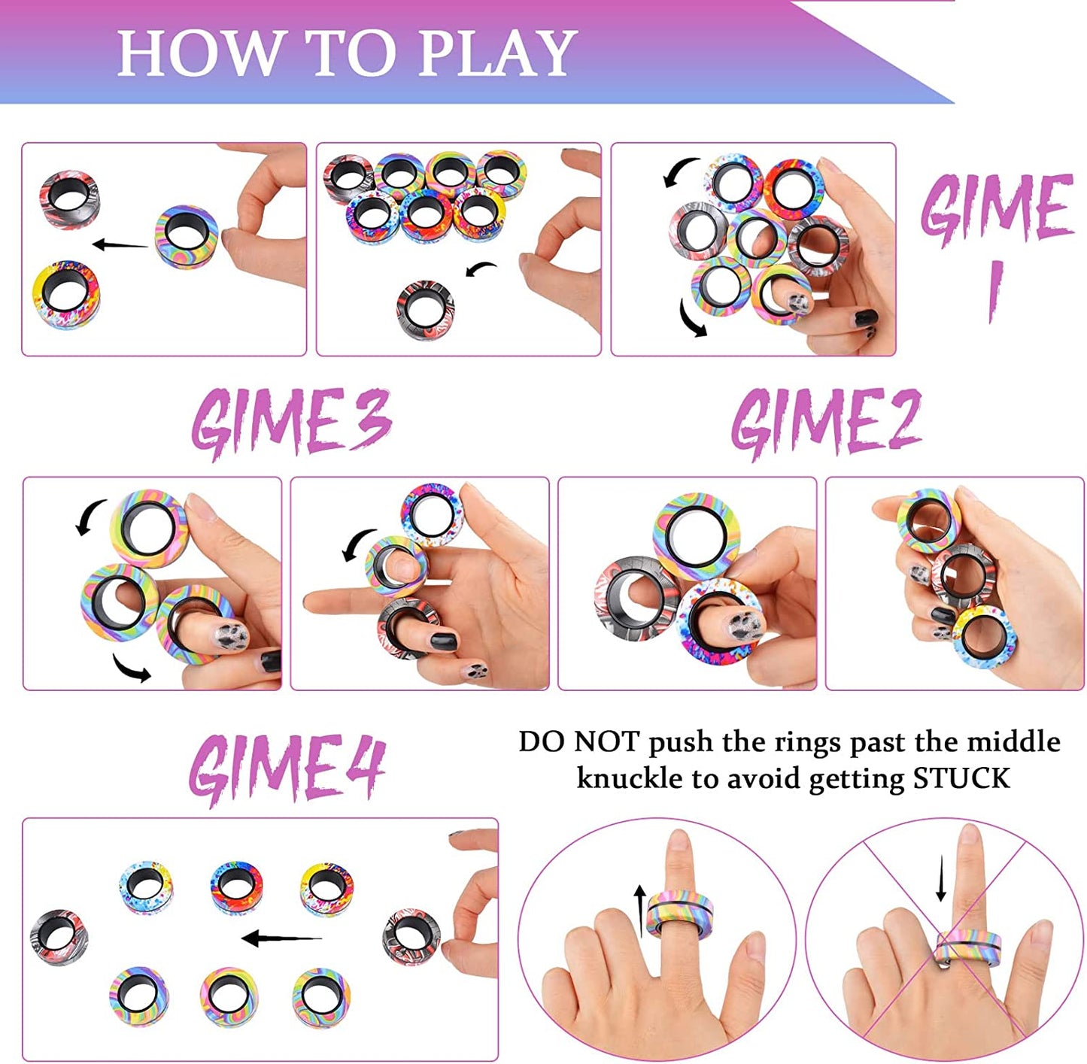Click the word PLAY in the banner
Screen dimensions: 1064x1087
click(x=497, y=53)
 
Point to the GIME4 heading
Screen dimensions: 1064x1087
click(x=287, y=767)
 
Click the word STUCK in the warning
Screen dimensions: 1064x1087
click(x=961, y=778)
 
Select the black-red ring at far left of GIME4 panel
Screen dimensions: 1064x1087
click(x=59, y=937)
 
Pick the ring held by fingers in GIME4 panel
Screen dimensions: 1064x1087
click(x=411, y=937)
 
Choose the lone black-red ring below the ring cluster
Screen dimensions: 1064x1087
click(x=425, y=309)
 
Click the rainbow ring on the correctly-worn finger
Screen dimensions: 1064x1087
click(x=679, y=913)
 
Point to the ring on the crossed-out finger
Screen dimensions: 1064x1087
click(x=969, y=949)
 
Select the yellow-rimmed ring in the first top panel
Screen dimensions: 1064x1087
click(x=66, y=293)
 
